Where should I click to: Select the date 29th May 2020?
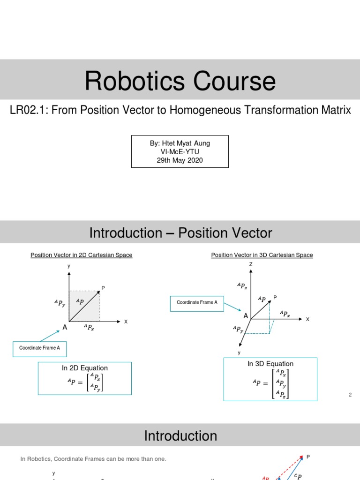coord(180,160)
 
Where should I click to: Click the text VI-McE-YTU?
coord(180,152)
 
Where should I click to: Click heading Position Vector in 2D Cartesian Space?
coord(82,255)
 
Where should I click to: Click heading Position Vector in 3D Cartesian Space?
coord(262,255)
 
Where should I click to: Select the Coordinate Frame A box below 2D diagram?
coord(39,348)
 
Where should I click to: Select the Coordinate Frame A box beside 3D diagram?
coord(197,303)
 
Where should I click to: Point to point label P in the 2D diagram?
coord(103,287)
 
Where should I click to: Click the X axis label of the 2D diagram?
coord(126,322)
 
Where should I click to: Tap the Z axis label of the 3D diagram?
coord(251,264)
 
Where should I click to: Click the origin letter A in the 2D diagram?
coord(65,327)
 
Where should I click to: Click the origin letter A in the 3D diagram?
coord(246,316)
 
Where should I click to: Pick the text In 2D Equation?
coord(85,368)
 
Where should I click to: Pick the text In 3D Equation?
coord(270,364)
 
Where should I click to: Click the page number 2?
coord(350,395)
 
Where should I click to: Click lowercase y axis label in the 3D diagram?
coord(239,352)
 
